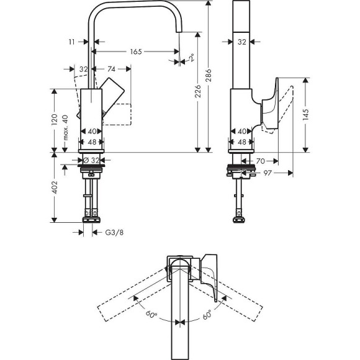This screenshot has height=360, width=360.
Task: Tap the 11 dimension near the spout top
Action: point(73,42)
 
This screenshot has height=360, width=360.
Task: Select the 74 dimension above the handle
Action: point(112,69)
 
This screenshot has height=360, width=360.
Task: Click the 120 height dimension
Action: point(55,119)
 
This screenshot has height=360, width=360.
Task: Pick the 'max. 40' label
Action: point(66,127)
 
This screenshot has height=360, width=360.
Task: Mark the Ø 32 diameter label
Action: point(91,160)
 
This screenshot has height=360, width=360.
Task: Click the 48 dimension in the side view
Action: point(241,142)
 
